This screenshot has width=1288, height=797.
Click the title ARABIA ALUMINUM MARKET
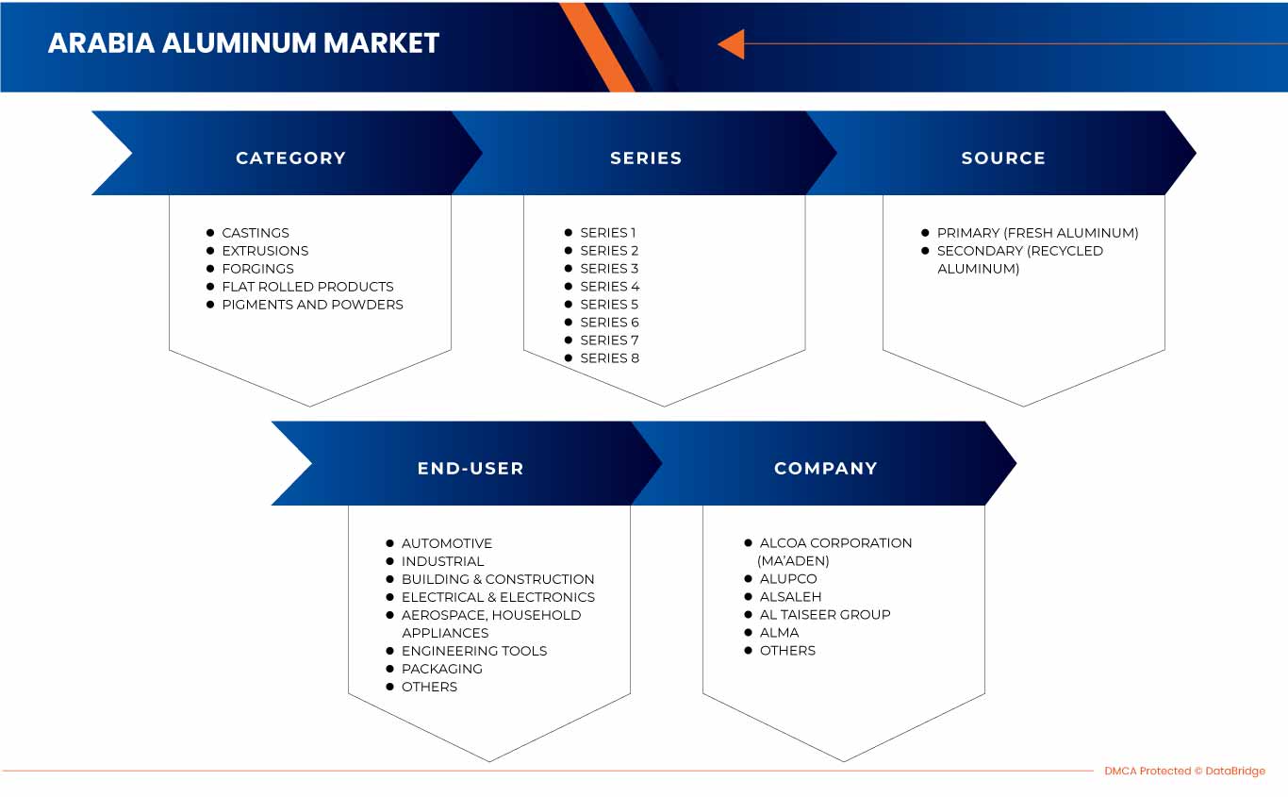tap(243, 43)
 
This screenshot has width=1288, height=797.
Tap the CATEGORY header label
tap(290, 158)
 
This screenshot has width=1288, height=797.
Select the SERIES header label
tap(646, 158)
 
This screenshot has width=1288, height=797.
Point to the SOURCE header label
tap(1003, 158)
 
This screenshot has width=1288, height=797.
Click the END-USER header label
tap(471, 469)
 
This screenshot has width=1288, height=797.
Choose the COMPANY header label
tap(826, 469)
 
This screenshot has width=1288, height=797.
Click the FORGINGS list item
tap(257, 269)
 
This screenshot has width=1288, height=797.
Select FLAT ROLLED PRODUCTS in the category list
tap(307, 287)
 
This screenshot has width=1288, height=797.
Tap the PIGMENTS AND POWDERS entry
tap(312, 305)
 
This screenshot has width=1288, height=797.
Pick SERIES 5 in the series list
tap(609, 305)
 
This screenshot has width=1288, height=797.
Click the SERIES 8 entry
tap(609, 358)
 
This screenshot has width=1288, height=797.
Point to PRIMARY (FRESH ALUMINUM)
tap(1037, 233)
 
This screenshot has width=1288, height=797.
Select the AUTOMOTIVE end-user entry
tap(447, 543)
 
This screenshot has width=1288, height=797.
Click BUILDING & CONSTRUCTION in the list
tap(498, 579)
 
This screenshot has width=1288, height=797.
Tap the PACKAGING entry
tap(441, 669)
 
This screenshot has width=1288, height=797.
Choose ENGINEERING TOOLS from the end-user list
tap(473, 651)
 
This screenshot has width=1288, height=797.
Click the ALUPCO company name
tap(788, 579)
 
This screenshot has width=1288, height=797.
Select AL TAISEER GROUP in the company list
tap(825, 615)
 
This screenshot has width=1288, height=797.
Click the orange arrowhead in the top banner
tap(731, 43)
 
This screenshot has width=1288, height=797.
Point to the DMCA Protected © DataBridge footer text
tap(1184, 772)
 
